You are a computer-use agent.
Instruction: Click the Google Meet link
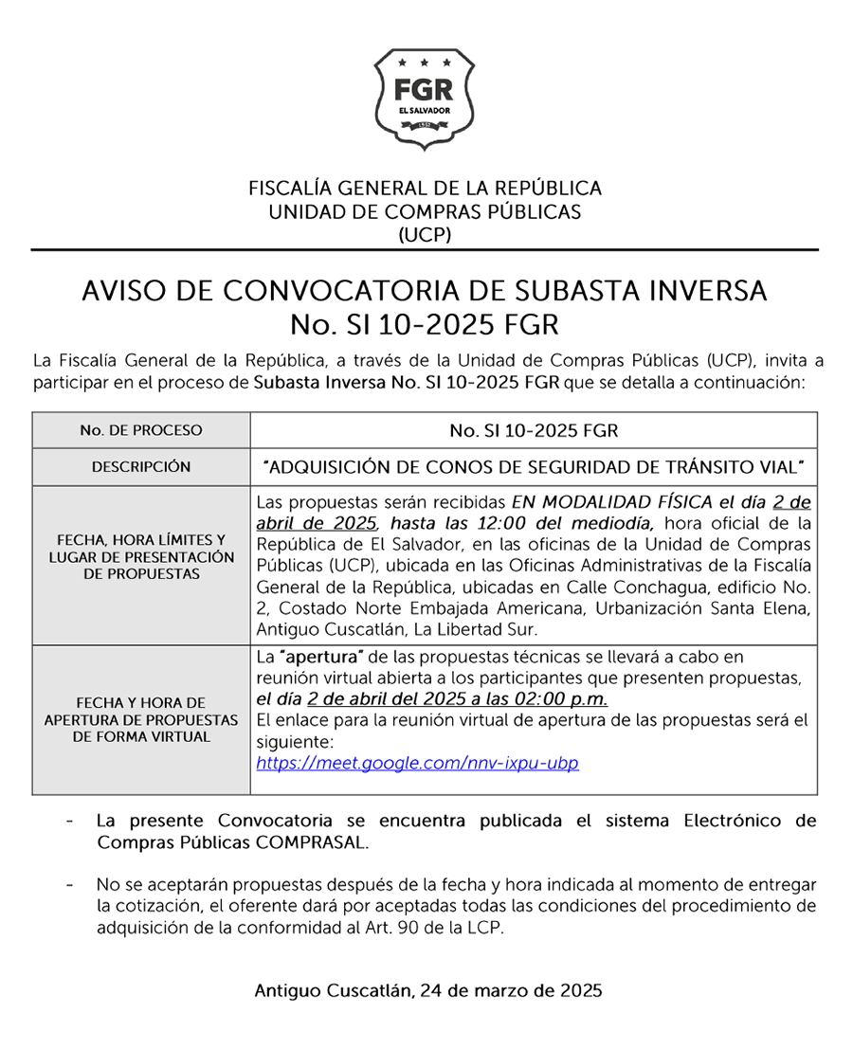[417, 763]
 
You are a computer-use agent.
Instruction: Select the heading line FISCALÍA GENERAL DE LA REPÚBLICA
[425, 188]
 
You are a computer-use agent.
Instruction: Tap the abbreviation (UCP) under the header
[425, 234]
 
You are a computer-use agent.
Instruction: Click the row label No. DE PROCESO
[141, 430]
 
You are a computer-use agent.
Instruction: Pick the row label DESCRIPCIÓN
[141, 467]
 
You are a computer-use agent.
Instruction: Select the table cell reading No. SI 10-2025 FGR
[534, 431]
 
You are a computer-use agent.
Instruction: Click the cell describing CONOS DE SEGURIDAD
[534, 467]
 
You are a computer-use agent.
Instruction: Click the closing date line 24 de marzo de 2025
[427, 991]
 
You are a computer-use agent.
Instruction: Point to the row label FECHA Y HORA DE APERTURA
[141, 719]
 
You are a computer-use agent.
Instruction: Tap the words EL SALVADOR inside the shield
[424, 111]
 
